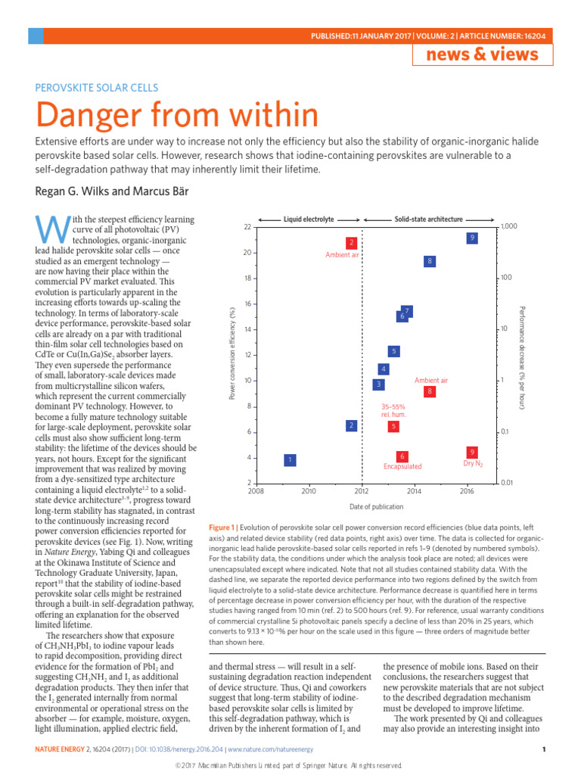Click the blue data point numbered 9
coord(472,238)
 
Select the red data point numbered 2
coord(351,243)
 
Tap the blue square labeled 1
coord(289,460)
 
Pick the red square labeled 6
coord(403,456)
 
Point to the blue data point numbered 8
coord(429,261)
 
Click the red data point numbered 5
coord(393,427)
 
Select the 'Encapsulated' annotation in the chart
coord(402,467)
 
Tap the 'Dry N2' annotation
coord(472,463)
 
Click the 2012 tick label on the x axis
coord(361,491)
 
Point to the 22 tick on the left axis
coord(247,227)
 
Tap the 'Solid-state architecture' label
coord(429,219)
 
